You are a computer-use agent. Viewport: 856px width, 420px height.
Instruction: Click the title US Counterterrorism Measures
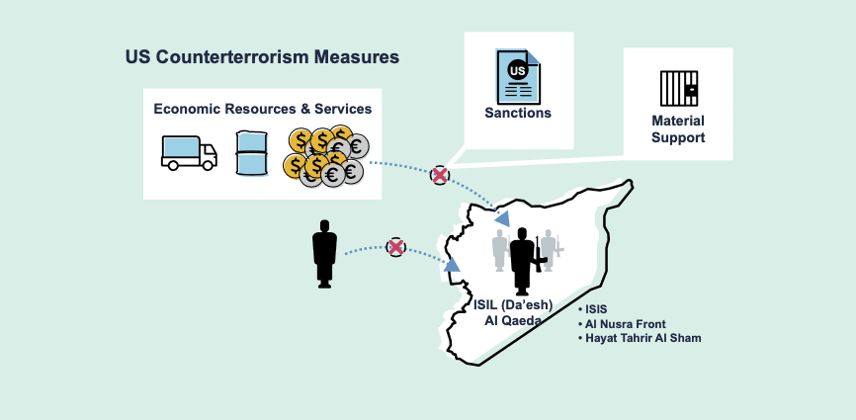point(262,57)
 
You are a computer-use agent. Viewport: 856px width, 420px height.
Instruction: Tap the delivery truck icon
point(189,152)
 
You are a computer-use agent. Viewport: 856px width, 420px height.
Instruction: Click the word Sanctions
point(518,114)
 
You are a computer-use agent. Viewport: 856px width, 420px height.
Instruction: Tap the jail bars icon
point(679,89)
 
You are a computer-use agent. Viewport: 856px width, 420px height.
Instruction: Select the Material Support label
point(678,129)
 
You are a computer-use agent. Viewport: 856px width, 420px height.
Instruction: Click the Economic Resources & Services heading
point(262,108)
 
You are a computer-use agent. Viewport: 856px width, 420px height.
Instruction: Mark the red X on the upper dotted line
point(439,175)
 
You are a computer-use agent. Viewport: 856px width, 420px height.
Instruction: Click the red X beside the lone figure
point(395,247)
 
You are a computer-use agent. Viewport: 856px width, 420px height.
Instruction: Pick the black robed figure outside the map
point(324,254)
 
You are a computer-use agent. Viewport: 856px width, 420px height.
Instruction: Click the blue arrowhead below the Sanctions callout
point(502,218)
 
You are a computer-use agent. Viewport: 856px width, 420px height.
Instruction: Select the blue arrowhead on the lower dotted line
point(452,265)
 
